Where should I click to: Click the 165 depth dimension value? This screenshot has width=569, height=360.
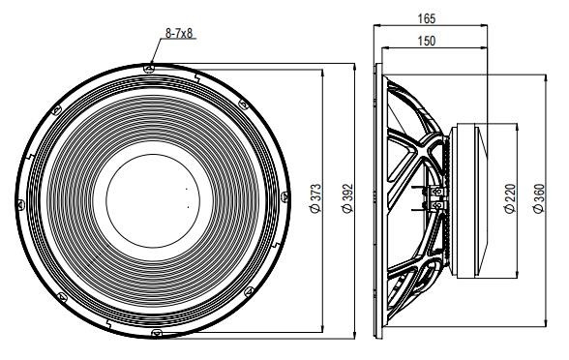click(x=427, y=18)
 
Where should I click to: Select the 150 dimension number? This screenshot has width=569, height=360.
click(x=427, y=41)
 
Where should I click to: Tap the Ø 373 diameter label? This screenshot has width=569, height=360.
click(x=316, y=197)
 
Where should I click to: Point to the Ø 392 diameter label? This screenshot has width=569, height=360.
click(x=347, y=198)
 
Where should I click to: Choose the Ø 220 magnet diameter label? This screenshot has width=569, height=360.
click(x=510, y=198)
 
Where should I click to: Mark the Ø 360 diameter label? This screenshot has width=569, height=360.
click(x=539, y=198)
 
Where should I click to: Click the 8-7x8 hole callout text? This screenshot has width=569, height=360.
click(x=179, y=33)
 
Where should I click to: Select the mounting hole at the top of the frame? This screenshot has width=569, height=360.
click(x=149, y=68)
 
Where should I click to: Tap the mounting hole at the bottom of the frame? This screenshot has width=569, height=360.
click(x=157, y=333)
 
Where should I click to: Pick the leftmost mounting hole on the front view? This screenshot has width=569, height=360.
click(x=20, y=205)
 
